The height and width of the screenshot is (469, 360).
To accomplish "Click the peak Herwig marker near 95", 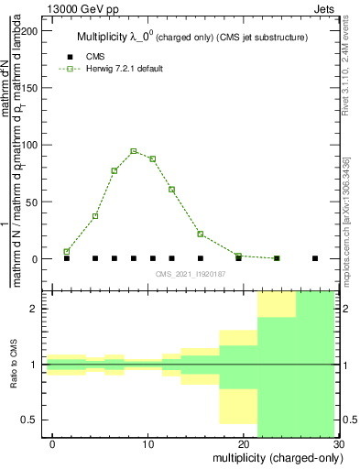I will pos(134,151).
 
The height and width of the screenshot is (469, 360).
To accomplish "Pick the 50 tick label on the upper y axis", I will pos(34,202).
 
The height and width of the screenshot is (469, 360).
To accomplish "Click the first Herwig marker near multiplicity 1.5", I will pos(67,251).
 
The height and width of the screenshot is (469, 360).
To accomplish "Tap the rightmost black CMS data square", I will pos(315,258).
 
